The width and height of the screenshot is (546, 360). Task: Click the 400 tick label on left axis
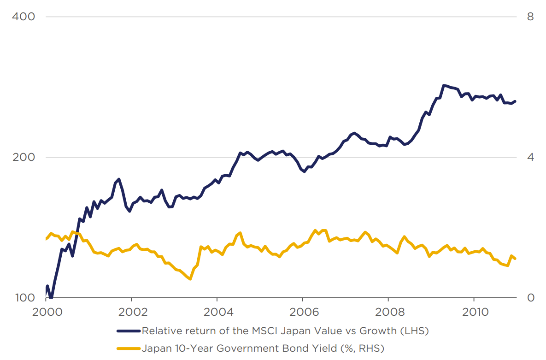click(23, 17)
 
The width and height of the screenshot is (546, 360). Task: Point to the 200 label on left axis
click(23, 157)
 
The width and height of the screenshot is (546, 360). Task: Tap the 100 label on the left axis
click(23, 298)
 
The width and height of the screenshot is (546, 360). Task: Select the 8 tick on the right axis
click(530, 17)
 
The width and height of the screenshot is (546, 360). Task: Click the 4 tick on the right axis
click(530, 157)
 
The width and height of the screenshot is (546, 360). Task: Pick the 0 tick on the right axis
click(530, 298)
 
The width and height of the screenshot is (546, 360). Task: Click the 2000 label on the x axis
click(47, 312)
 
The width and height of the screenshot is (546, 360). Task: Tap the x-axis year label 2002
click(132, 312)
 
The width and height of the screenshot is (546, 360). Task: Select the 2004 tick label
click(217, 312)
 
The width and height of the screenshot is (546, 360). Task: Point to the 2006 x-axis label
click(303, 312)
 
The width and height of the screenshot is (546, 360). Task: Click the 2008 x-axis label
click(388, 312)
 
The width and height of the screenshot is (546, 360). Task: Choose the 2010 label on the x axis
click(474, 312)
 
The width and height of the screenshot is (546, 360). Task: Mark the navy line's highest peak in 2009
click(444, 85)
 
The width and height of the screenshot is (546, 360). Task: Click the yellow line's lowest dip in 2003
click(190, 279)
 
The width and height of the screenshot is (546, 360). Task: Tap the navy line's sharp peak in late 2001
click(119, 179)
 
